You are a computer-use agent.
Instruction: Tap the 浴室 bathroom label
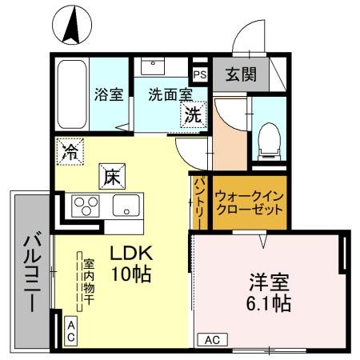coord(110,94)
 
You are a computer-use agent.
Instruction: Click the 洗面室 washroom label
coord(169,94)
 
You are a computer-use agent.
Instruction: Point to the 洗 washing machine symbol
coord(194,114)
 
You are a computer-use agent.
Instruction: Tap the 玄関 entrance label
coord(239,75)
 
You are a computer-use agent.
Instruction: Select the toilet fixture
coord(269,139)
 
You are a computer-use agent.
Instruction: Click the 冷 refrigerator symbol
coord(71,150)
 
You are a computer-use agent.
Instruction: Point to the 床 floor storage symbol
coord(110,175)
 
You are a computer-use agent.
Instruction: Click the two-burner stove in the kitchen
coord(84,206)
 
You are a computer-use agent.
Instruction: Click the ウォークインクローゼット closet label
coord(250,201)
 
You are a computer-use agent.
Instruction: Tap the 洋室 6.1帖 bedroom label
coord(267,292)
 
